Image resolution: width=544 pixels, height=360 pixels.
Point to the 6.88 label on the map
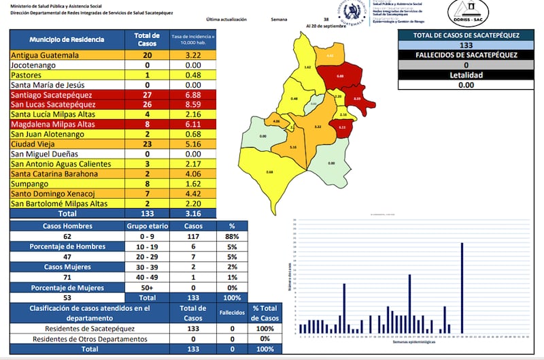[x=340, y=76]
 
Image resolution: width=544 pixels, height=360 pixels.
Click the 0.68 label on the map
[x=271, y=172]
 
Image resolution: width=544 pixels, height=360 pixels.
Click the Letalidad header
[x=466, y=75]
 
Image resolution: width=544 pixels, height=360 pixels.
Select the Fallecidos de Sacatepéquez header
[x=466, y=55]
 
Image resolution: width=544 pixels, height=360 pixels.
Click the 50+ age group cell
[x=143, y=288]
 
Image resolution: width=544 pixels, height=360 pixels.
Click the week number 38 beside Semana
[x=326, y=20]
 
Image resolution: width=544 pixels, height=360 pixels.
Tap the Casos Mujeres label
[x=66, y=267]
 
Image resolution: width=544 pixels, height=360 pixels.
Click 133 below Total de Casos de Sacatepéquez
[x=466, y=45]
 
